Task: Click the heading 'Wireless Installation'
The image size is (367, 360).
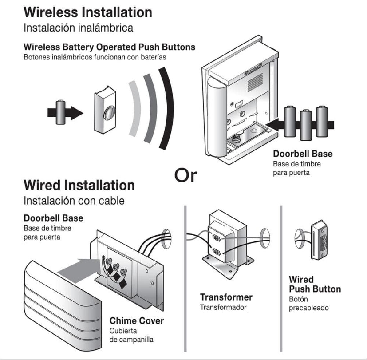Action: pos(87,12)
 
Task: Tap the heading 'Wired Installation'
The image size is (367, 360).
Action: pos(79,185)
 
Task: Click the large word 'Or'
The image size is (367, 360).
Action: pos(185,175)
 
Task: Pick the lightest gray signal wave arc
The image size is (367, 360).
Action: pos(135,109)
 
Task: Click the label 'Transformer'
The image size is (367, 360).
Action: pos(226,297)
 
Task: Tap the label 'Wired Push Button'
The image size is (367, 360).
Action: pos(315,285)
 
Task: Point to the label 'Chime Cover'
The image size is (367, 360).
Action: pos(137,320)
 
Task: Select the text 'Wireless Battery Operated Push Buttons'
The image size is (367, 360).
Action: pos(109,47)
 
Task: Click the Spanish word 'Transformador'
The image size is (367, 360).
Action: pos(223,307)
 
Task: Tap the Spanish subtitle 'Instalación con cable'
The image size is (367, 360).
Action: pos(74,200)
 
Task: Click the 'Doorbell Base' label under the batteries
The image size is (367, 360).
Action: pos(302,154)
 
